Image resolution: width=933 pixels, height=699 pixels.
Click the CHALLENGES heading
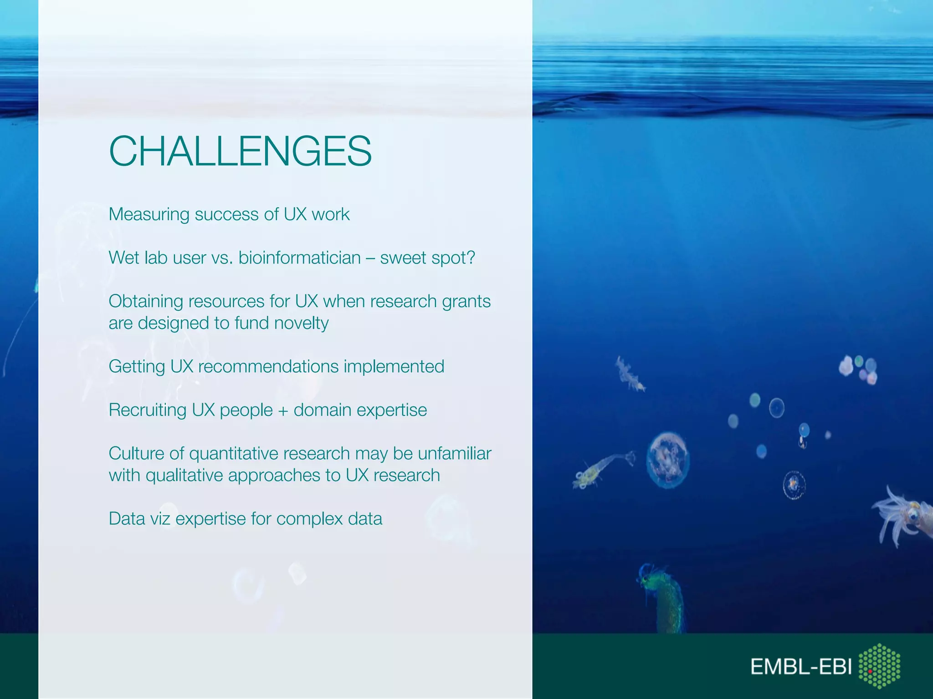click(x=240, y=151)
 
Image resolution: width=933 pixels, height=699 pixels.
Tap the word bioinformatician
click(x=299, y=258)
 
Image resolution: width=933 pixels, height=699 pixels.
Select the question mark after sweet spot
click(x=471, y=258)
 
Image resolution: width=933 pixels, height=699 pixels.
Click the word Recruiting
click(x=147, y=410)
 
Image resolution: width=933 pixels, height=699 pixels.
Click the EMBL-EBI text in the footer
click(x=801, y=667)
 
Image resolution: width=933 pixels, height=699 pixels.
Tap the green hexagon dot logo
click(x=879, y=665)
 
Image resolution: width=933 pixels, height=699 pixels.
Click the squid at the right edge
click(x=904, y=517)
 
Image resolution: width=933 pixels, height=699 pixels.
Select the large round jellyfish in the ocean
click(x=668, y=460)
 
